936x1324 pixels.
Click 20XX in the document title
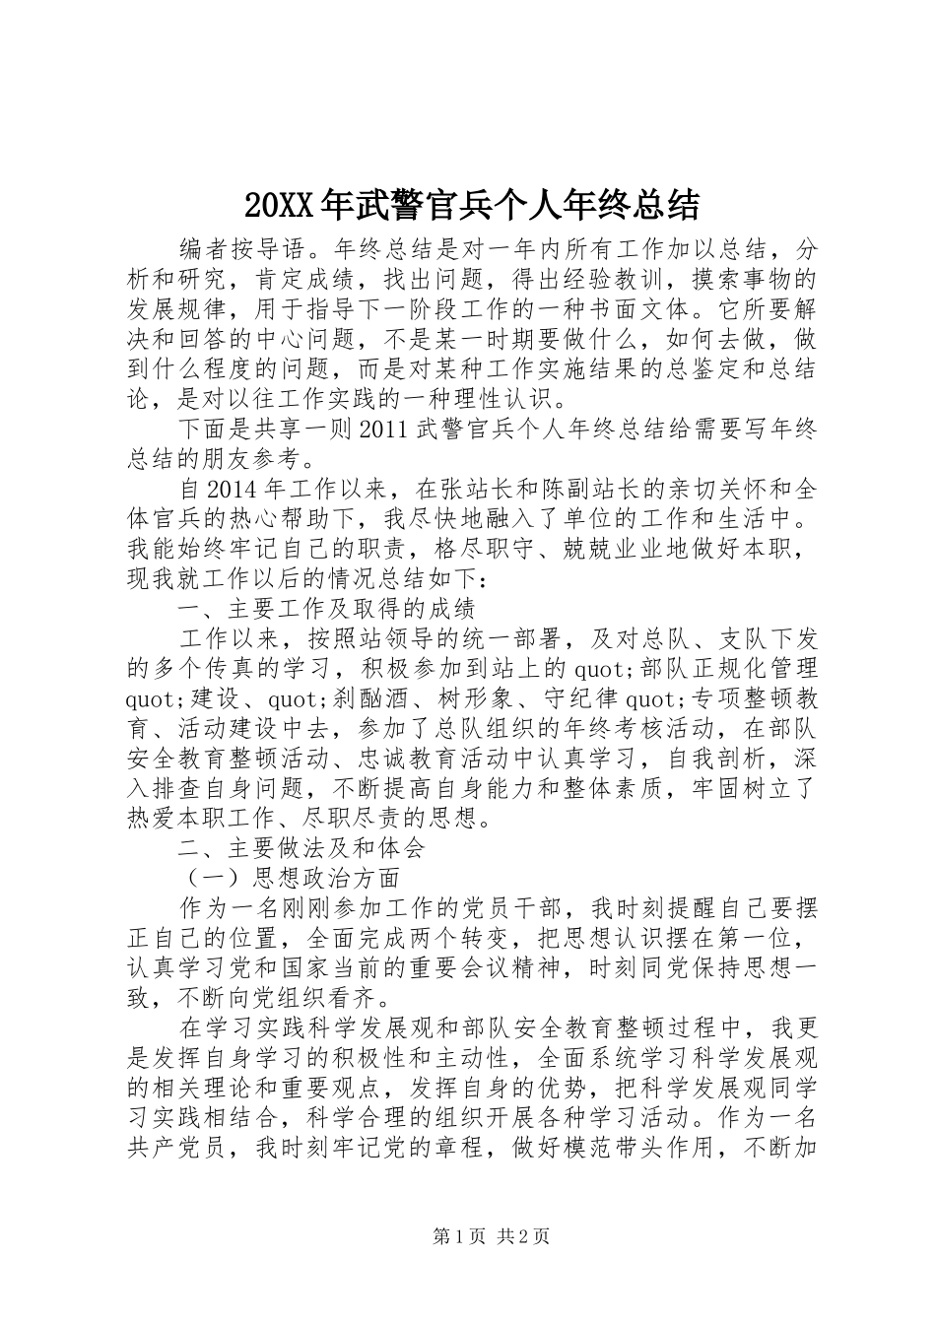pyautogui.click(x=277, y=205)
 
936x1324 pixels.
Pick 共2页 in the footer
pyautogui.click(x=523, y=1236)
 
